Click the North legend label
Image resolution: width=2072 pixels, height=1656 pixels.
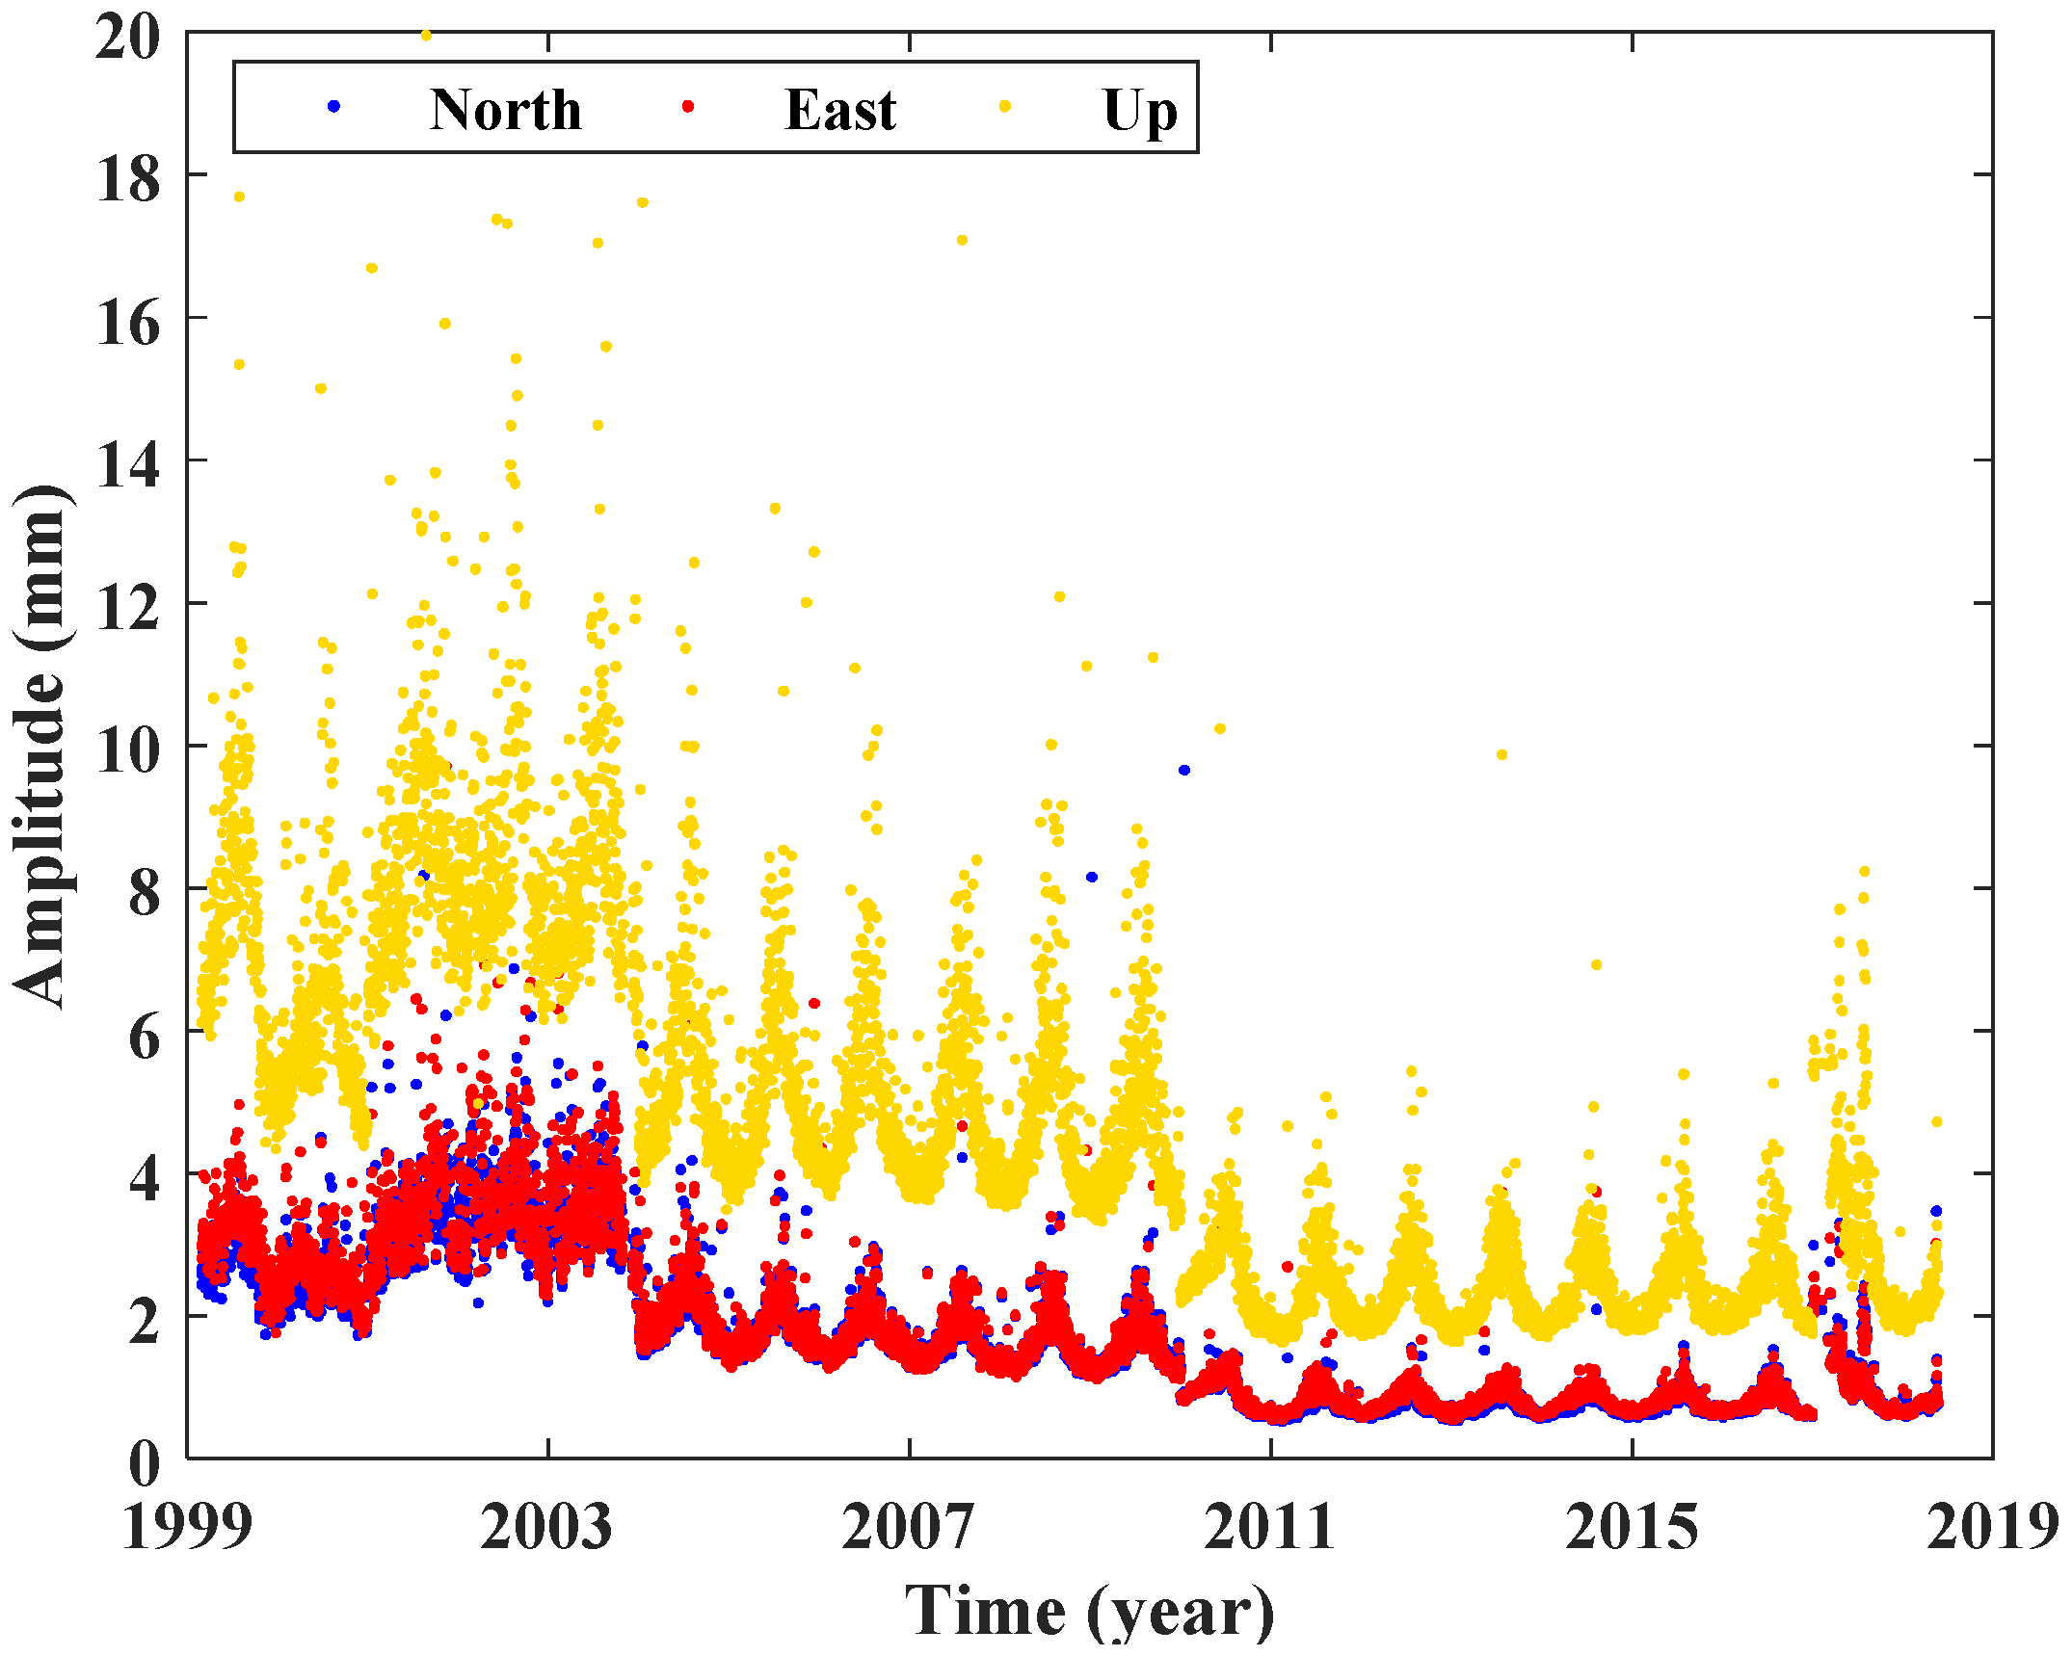tap(505, 109)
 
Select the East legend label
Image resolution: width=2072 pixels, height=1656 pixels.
tap(840, 109)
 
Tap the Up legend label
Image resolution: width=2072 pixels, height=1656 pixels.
tap(1139, 111)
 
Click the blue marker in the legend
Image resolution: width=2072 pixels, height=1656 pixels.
tap(333, 107)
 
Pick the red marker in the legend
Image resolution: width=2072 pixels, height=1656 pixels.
tap(688, 107)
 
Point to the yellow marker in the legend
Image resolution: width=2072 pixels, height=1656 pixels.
tap(1005, 107)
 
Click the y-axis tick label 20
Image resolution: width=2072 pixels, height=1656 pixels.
tap(127, 39)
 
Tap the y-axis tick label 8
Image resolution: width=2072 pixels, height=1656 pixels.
tap(144, 894)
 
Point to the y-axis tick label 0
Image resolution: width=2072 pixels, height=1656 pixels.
tap(144, 1464)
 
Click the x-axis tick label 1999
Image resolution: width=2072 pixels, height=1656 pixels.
tap(188, 1528)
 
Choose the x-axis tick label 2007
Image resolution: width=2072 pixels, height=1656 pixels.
tap(909, 1528)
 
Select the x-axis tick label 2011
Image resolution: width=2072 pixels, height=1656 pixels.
tap(1270, 1528)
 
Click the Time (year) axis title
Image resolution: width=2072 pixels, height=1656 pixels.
tap(1089, 1611)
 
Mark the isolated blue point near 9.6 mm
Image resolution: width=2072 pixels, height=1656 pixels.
tap(1184, 770)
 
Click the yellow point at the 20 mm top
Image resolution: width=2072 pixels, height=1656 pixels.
tap(426, 36)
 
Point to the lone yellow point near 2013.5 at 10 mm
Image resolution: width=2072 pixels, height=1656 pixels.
tap(1501, 755)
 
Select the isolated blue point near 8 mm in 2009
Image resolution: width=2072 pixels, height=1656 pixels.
tap(1092, 877)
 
